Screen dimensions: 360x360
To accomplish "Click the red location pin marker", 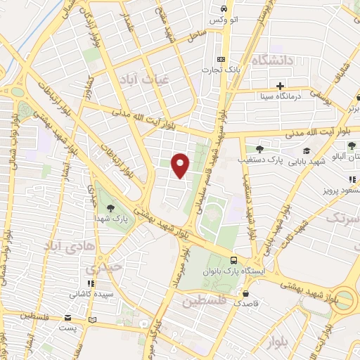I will click(181, 165).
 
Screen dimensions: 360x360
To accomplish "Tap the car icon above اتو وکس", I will click(223, 9).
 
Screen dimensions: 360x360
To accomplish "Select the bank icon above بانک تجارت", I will click(221, 59).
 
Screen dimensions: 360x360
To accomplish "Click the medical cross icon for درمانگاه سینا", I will click(280, 86).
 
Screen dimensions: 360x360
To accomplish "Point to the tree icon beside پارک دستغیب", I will click(259, 149).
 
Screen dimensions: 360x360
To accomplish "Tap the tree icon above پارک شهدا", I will click(110, 207).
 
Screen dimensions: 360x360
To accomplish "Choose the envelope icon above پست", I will click(68, 317).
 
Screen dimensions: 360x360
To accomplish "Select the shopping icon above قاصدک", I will click(246, 294).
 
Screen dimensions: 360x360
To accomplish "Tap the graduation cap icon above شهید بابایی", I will click(306, 150).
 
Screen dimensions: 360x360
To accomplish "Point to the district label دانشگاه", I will click(270, 60).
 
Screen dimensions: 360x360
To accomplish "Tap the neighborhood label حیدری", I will click(98, 268).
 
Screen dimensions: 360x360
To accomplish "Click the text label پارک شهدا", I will click(111, 219).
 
